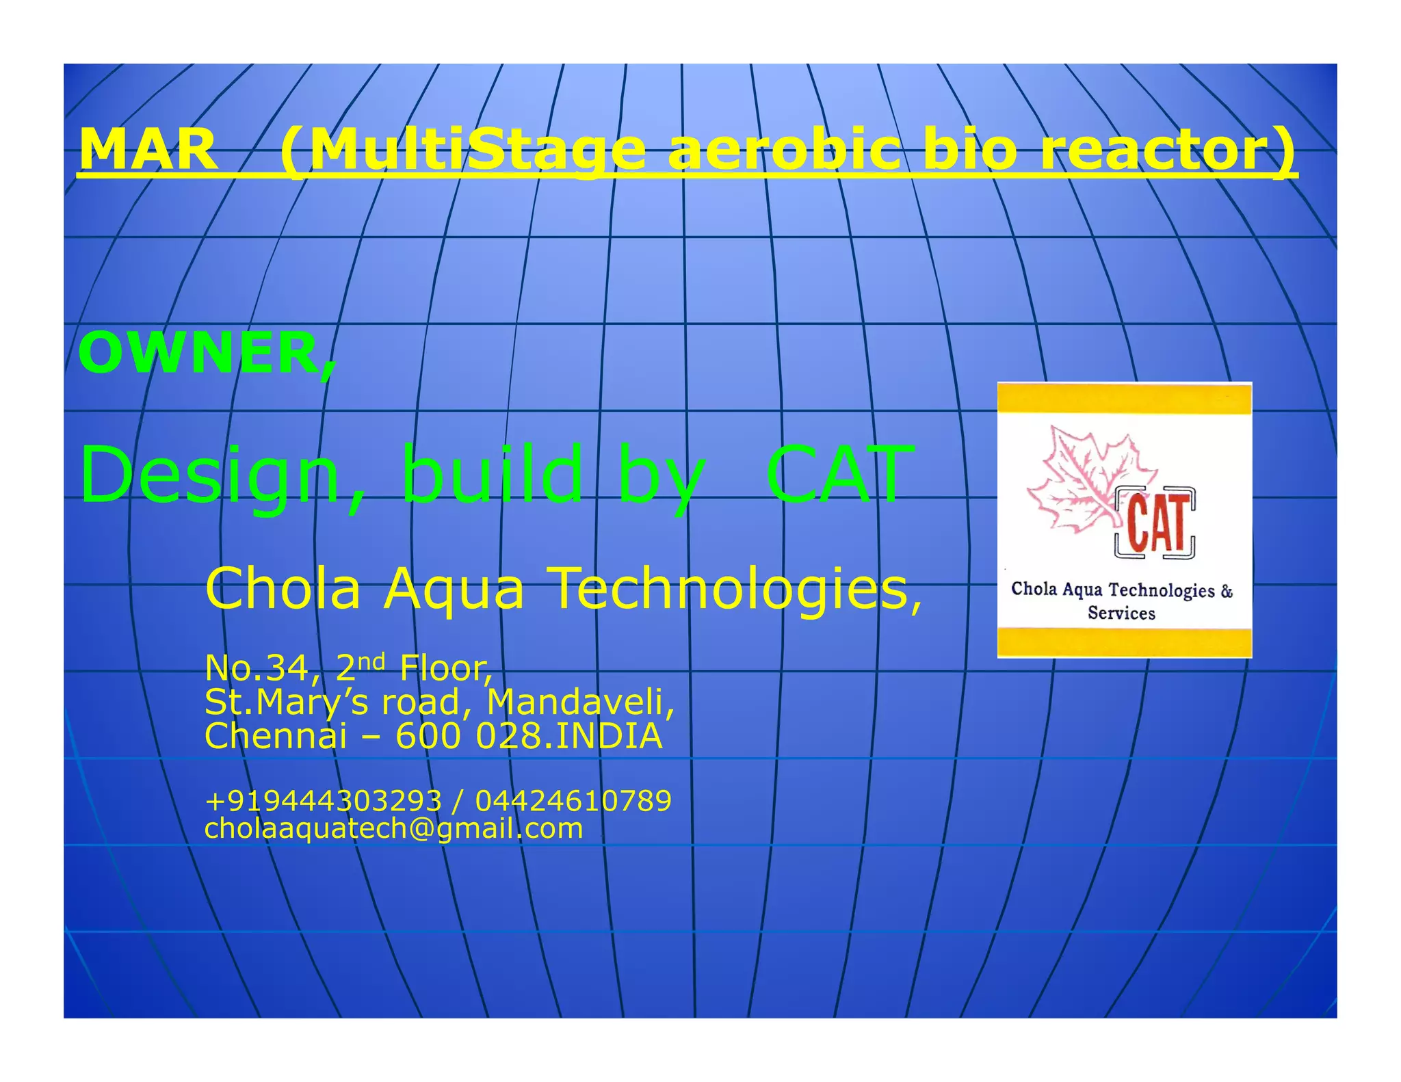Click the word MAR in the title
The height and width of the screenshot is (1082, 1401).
(148, 149)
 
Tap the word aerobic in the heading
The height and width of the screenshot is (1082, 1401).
(783, 149)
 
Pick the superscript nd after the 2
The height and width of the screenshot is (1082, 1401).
(371, 661)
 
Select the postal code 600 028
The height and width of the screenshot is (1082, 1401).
(471, 736)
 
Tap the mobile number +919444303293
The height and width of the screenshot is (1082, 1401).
(323, 800)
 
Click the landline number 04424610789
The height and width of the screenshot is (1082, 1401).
(573, 800)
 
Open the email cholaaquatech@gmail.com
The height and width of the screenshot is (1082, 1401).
(393, 828)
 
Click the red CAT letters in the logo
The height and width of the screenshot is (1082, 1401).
(1157, 523)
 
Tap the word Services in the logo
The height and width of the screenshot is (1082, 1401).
(1121, 613)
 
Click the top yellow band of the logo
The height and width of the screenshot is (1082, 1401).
(1124, 399)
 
